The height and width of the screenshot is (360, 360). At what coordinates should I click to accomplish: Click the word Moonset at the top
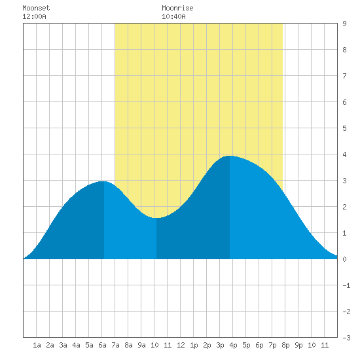pyautogui.click(x=36, y=8)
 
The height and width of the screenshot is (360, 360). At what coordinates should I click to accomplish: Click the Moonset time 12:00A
pyautogui.click(x=34, y=16)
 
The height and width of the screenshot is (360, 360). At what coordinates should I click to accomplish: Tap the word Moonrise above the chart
pyautogui.click(x=177, y=8)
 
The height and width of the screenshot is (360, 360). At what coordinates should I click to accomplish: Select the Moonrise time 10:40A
pyautogui.click(x=173, y=16)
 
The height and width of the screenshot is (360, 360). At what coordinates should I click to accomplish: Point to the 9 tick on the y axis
pyautogui.click(x=344, y=24)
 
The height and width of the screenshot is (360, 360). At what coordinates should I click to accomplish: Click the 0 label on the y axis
pyautogui.click(x=344, y=259)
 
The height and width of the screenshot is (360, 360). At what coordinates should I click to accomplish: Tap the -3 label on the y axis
pyautogui.click(x=346, y=338)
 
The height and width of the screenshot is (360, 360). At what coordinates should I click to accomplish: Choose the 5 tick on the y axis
pyautogui.click(x=344, y=128)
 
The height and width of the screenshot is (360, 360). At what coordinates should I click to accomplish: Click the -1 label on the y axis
pyautogui.click(x=346, y=285)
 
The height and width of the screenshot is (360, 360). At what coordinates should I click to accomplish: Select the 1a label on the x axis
pyautogui.click(x=37, y=345)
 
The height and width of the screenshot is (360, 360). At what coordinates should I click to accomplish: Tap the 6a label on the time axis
pyautogui.click(x=102, y=345)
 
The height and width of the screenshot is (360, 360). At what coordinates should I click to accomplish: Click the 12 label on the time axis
pyautogui.click(x=181, y=345)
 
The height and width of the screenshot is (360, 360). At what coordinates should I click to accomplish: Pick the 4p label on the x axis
pyautogui.click(x=233, y=345)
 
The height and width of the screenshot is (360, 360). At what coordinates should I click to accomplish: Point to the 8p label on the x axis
pyautogui.click(x=285, y=345)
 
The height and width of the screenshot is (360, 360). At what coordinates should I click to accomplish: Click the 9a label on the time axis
pyautogui.click(x=141, y=345)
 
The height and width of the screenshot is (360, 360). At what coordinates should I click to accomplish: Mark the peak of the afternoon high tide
pyautogui.click(x=230, y=156)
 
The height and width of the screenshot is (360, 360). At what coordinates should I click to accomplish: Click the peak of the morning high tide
pyautogui.click(x=104, y=181)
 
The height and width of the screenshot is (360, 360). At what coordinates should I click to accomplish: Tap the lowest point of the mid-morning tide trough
pyautogui.click(x=156, y=218)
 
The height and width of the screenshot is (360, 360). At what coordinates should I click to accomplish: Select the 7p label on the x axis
pyautogui.click(x=272, y=345)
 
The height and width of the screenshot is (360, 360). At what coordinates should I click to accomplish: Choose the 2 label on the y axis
pyautogui.click(x=344, y=207)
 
